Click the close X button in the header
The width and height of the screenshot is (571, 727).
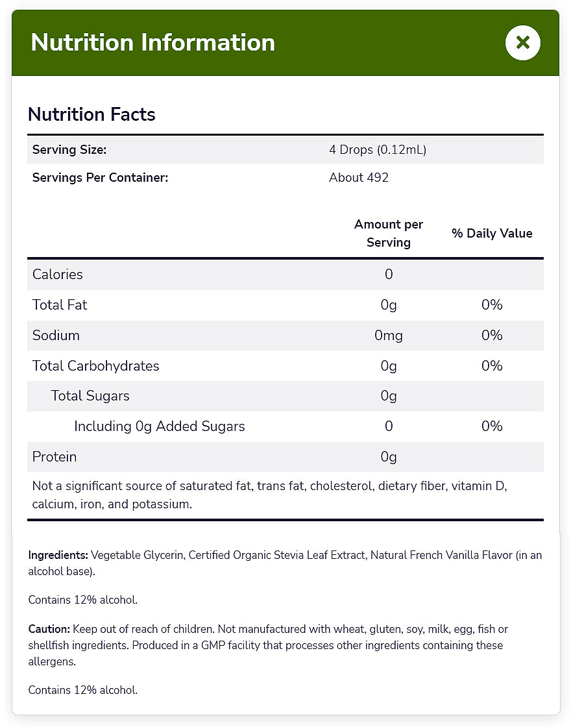click(x=522, y=43)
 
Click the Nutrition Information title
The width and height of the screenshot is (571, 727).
click(x=153, y=43)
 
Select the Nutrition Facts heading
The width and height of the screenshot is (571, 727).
click(x=91, y=115)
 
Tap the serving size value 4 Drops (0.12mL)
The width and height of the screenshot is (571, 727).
click(x=378, y=150)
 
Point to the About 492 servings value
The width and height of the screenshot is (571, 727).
click(x=359, y=178)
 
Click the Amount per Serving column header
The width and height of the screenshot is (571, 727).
click(x=389, y=233)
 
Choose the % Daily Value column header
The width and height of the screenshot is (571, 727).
click(x=492, y=234)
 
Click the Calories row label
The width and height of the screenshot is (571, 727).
click(x=58, y=275)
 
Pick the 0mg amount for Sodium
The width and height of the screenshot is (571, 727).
click(x=389, y=336)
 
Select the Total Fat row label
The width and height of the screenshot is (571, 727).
click(x=60, y=305)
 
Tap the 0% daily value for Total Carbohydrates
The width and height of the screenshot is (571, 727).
click(x=492, y=366)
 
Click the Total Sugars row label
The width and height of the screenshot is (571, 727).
click(x=90, y=396)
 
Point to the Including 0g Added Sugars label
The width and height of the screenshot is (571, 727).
click(x=160, y=426)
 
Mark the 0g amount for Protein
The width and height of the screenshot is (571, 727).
click(x=389, y=457)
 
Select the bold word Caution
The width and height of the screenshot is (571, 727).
click(x=49, y=630)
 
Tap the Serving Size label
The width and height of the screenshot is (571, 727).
click(x=69, y=150)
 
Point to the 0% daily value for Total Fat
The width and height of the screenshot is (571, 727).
click(x=492, y=305)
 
